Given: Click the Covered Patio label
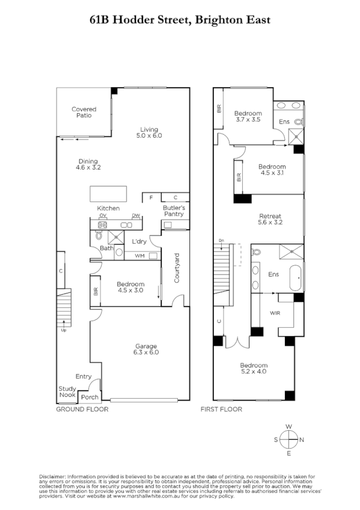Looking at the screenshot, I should tap(84, 112).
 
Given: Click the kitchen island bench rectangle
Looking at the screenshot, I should tap(109, 194).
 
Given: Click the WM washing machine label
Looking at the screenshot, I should tap(139, 256).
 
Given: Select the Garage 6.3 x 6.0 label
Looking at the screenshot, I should tap(146, 349).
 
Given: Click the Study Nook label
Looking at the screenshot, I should tap(67, 392).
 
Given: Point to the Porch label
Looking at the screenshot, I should tap(90, 397).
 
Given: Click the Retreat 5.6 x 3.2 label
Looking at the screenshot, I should tap(270, 219).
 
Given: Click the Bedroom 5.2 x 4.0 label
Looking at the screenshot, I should tap(254, 369).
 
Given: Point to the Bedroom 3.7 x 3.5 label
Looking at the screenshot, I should tap(248, 117).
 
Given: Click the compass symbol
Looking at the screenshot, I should tap(289, 440).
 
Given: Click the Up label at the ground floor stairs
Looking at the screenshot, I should tap(63, 330).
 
